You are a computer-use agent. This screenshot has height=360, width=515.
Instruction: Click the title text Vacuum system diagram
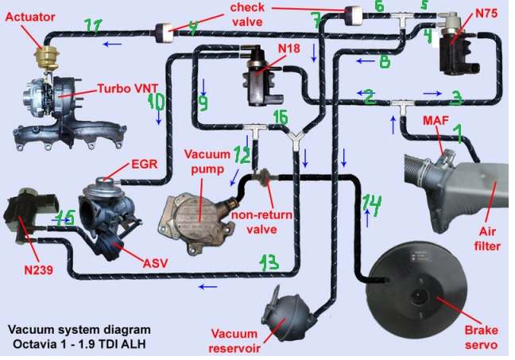click(x=77, y=329)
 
